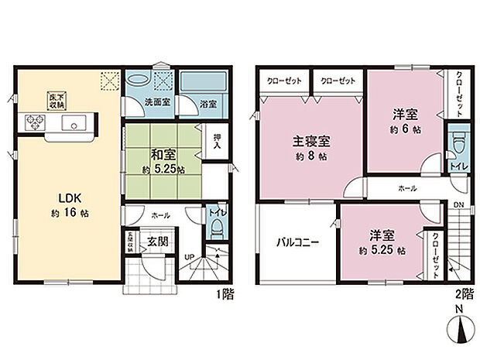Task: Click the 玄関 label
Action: tap(158, 241)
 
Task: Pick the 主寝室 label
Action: tap(311, 142)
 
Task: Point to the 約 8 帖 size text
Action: tap(311, 156)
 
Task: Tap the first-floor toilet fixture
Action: tap(218, 230)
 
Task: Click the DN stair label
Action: tap(459, 205)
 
